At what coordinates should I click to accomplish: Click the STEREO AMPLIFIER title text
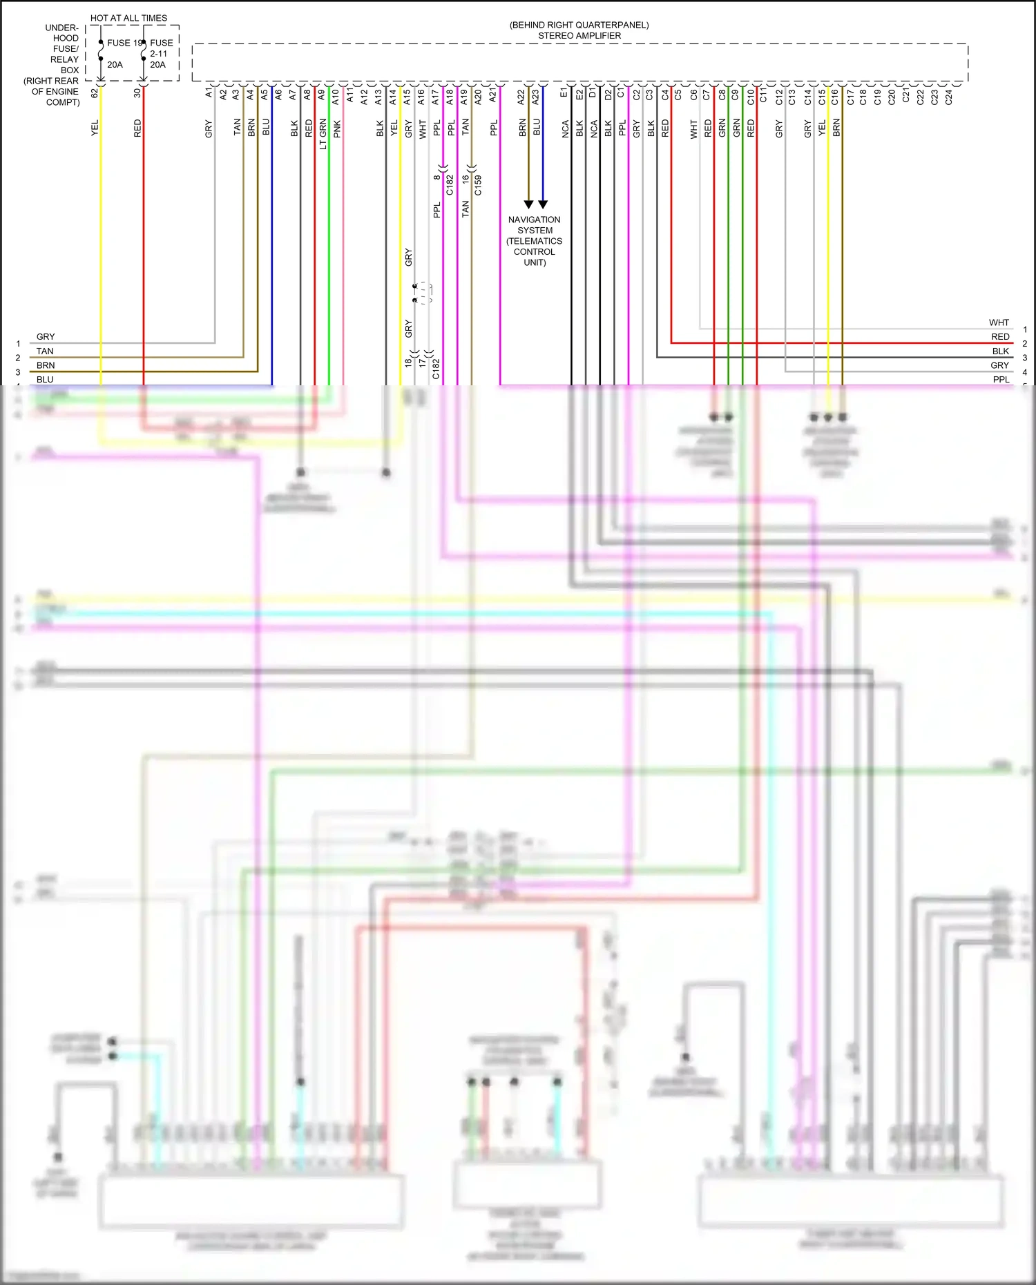[579, 36]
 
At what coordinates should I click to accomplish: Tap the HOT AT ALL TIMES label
[128, 18]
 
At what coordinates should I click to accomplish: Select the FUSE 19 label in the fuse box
[124, 43]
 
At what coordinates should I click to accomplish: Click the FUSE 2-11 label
[160, 48]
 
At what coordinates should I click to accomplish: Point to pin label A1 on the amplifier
[209, 93]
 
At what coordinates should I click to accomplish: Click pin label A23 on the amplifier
[535, 97]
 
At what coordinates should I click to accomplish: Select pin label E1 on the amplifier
[564, 93]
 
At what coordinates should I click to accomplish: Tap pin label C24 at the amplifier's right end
[948, 97]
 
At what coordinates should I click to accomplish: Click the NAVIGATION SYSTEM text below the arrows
[534, 225]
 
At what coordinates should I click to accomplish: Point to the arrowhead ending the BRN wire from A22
[528, 204]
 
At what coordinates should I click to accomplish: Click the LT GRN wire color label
[323, 135]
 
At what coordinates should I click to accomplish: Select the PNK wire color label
[337, 129]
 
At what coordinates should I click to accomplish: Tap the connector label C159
[478, 185]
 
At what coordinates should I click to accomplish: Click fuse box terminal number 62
[95, 93]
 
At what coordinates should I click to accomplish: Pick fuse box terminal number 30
[137, 93]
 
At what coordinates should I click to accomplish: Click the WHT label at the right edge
[999, 322]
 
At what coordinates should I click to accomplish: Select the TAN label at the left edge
[45, 351]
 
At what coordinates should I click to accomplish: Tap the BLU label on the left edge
[45, 379]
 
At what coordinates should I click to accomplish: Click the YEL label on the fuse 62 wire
[95, 128]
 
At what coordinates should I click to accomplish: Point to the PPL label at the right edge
[1001, 379]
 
